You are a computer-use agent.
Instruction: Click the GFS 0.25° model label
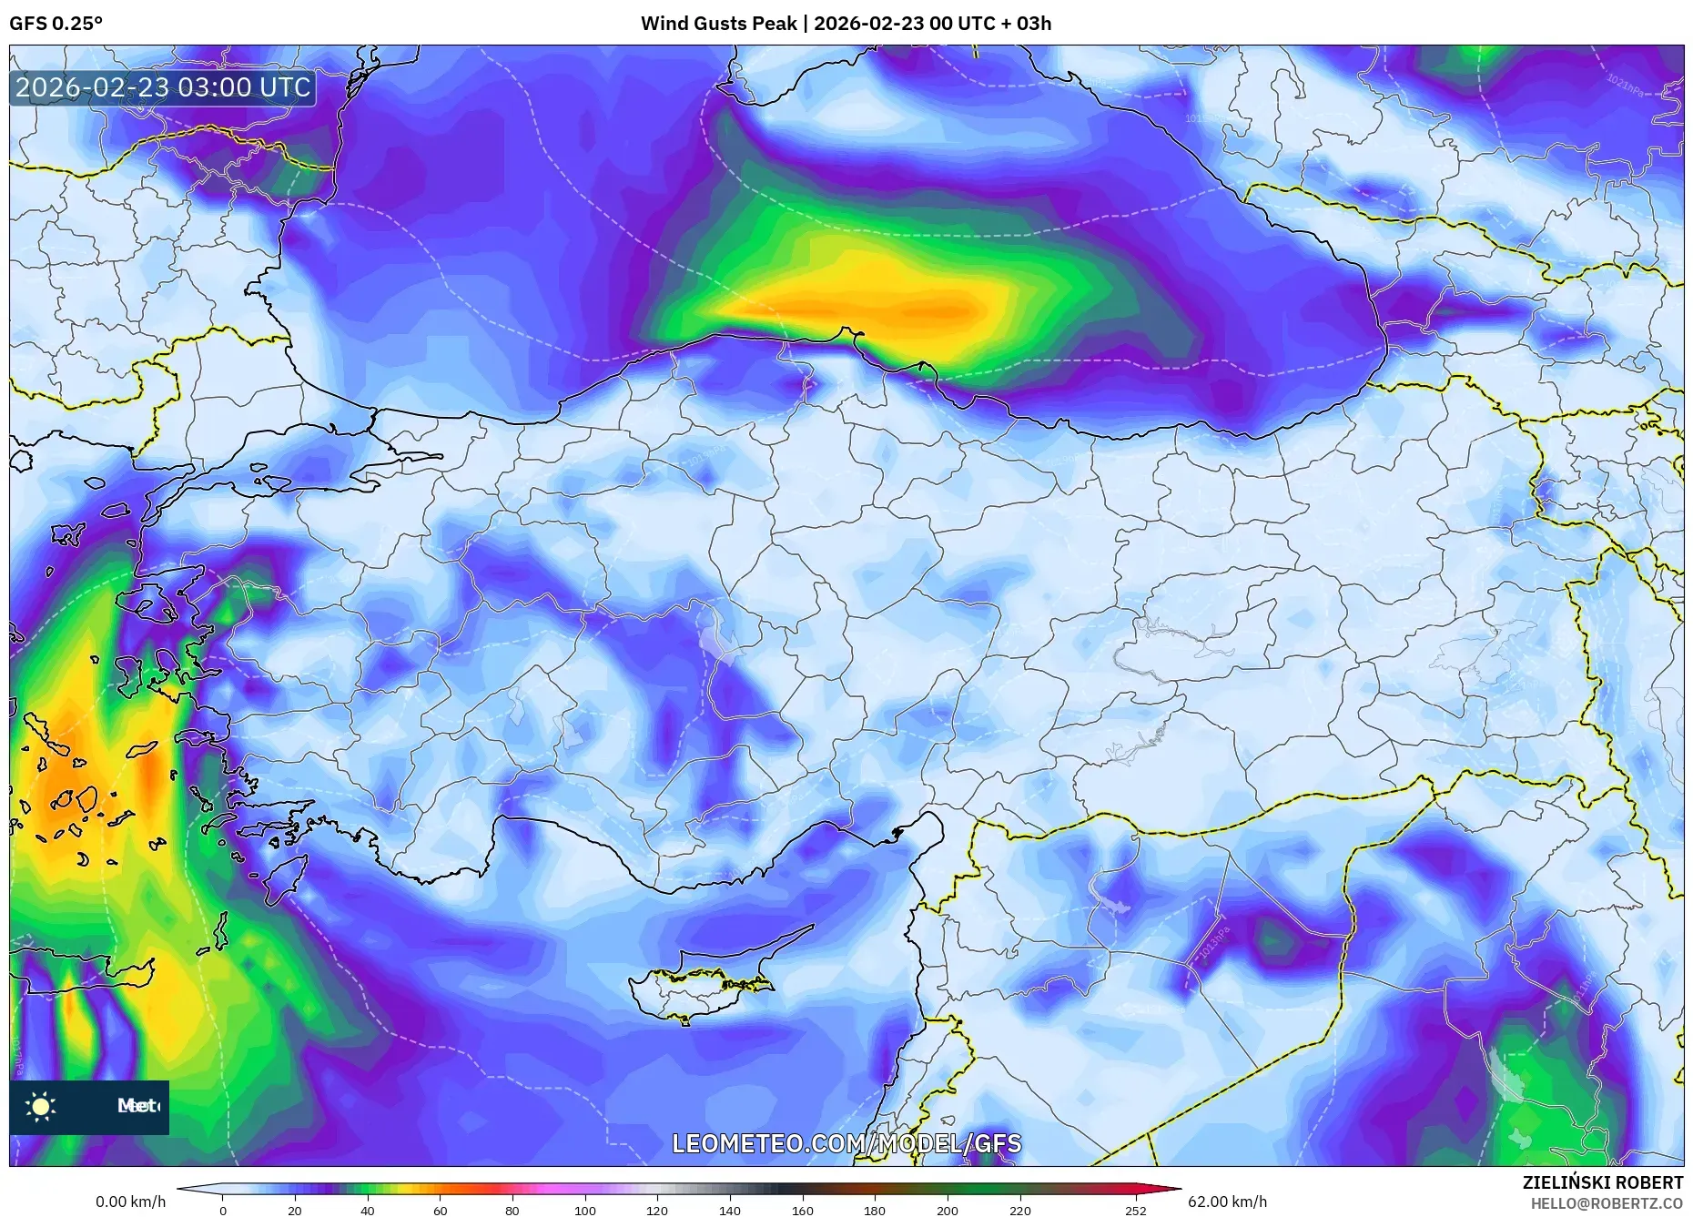pos(56,24)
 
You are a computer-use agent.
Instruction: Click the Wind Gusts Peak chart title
pos(846,24)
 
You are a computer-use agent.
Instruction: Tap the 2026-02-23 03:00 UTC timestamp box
pos(164,87)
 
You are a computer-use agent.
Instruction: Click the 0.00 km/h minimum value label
pos(131,1202)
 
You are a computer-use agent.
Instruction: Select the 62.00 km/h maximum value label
pos(1227,1202)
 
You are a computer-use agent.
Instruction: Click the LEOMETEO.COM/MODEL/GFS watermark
pos(846,1143)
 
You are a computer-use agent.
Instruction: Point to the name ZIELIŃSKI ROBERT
pos(1602,1182)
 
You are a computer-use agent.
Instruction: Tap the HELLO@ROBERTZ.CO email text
pos(1607,1203)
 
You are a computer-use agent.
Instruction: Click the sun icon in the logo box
pos(41,1107)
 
